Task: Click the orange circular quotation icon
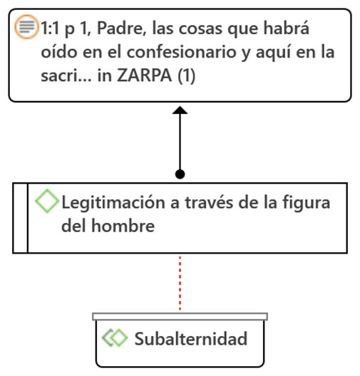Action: pos(26,27)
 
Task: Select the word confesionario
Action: pos(182,52)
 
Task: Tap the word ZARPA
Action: pos(145,75)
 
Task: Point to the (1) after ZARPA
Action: pos(187,76)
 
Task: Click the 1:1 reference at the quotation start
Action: pos(51,28)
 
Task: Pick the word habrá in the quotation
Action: pos(287,28)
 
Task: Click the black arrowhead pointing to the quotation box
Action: pos(180,110)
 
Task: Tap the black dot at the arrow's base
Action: pos(180,174)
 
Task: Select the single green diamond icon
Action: pos(47,201)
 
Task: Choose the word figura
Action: pos(306,204)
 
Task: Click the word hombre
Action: pos(123,226)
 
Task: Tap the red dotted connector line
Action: pos(180,283)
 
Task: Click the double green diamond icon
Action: pos(115,338)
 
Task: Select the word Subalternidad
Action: pos(191,338)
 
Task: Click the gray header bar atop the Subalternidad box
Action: pos(180,316)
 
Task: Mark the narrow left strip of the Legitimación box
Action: pos(21,218)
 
